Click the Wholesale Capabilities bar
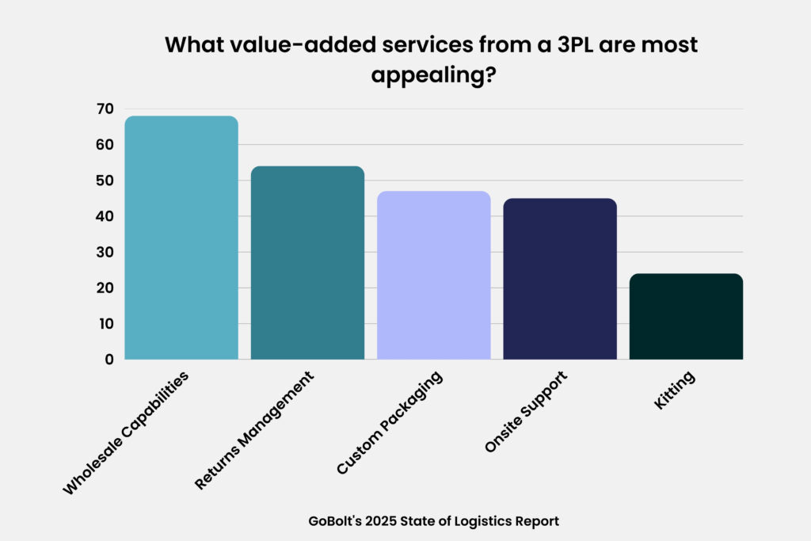181,238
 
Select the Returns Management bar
307,263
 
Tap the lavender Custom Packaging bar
433,275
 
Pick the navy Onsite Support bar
560,279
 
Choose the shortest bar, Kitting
686,317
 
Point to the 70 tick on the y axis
105,109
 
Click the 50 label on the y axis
105,181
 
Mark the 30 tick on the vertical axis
105,252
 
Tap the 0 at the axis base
109,360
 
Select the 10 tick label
105,324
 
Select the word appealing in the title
406,77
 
